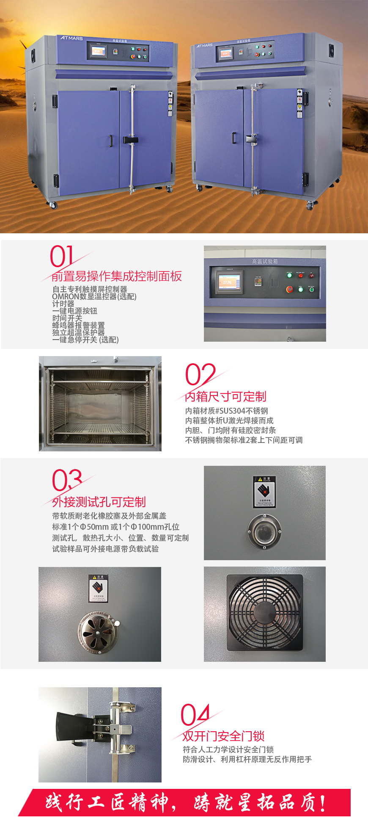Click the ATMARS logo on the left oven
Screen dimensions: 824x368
click(71, 38)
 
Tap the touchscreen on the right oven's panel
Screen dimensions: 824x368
click(225, 54)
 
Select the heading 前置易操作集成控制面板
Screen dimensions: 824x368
click(117, 276)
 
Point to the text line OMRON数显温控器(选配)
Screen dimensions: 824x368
click(94, 296)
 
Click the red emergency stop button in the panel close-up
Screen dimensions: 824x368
click(290, 289)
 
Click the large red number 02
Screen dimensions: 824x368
click(200, 374)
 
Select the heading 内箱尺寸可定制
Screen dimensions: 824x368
click(226, 396)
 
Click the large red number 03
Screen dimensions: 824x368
click(67, 480)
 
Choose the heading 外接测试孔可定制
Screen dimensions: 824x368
click(99, 502)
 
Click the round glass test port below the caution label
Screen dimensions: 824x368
click(264, 531)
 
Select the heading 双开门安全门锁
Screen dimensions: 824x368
click(224, 736)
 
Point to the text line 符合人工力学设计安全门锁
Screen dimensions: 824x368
click(228, 749)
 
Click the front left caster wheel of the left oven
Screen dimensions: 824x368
click(53, 205)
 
